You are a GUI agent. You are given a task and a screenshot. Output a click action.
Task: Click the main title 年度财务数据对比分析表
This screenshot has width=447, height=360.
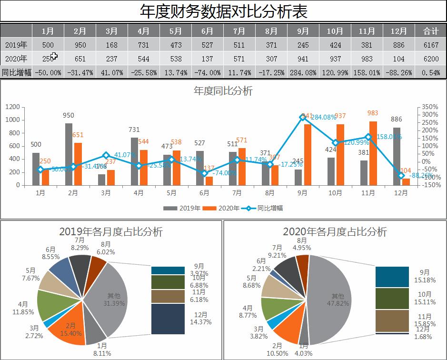(x=223, y=11)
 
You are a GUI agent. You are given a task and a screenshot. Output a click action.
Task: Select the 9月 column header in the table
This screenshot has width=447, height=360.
(x=303, y=31)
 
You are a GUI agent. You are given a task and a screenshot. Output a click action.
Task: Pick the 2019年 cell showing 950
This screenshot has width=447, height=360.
(x=80, y=45)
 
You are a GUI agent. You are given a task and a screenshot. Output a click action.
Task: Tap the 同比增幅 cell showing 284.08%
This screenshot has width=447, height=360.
(x=303, y=73)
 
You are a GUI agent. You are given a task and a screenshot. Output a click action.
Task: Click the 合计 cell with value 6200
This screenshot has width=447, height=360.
(x=431, y=59)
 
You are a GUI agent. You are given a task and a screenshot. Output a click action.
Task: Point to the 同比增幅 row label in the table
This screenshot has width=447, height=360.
(x=17, y=73)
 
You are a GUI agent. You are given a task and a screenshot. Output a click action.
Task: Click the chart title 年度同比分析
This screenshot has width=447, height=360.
(x=223, y=91)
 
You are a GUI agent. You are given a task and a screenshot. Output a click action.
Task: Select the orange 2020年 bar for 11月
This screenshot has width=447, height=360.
(x=373, y=153)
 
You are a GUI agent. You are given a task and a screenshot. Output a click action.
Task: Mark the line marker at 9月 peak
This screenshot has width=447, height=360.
(x=303, y=117)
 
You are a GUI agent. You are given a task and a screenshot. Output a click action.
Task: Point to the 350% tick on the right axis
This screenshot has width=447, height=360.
(x=430, y=107)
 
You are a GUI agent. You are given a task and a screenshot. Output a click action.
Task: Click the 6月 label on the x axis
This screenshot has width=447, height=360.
(x=204, y=193)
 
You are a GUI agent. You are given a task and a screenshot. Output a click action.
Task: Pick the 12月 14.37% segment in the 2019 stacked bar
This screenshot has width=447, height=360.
(x=168, y=319)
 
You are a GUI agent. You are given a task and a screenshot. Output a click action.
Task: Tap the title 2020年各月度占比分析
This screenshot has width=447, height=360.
(x=335, y=232)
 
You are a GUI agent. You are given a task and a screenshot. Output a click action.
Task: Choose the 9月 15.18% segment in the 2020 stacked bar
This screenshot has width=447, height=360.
(x=392, y=277)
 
